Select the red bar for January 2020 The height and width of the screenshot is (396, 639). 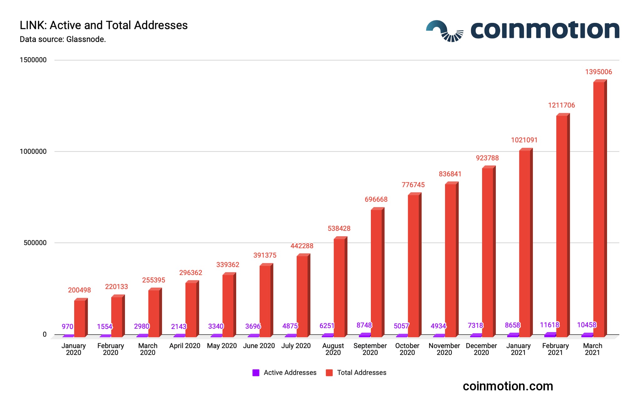click(80, 318)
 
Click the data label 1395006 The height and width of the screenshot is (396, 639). click(598, 72)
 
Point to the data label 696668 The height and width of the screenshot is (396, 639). click(376, 199)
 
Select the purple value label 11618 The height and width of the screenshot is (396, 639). click(549, 325)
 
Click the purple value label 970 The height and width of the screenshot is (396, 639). click(67, 326)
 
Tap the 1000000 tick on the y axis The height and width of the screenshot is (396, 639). click(33, 151)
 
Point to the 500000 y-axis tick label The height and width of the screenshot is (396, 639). click(35, 243)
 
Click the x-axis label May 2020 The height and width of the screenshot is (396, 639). click(222, 346)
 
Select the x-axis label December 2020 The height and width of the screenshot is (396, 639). click(481, 349)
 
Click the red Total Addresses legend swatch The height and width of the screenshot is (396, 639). click(329, 373)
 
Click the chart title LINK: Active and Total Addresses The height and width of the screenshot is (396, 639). click(103, 25)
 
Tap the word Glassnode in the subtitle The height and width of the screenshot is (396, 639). click(85, 39)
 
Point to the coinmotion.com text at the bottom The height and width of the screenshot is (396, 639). click(508, 386)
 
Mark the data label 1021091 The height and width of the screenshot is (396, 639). click(524, 140)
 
